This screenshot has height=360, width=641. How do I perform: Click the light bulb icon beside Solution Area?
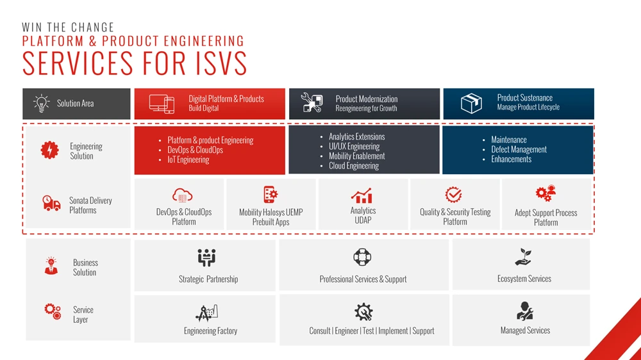41,103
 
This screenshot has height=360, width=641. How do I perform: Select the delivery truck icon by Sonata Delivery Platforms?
51,204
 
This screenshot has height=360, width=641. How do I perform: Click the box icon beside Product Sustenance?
472,103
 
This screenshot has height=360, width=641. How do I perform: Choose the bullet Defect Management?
519,149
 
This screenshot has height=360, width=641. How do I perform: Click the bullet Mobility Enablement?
356,156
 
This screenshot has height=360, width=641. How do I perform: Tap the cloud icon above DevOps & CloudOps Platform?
183,195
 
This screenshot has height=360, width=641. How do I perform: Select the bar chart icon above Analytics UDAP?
362,195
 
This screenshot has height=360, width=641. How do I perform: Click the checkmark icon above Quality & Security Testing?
454,195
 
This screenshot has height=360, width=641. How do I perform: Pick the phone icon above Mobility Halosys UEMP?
271,195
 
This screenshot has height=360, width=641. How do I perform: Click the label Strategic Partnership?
208,279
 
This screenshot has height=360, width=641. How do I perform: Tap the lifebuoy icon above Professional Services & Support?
362,258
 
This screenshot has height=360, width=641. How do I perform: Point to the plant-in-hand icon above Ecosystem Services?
524,257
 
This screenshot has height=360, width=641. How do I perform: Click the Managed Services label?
525,331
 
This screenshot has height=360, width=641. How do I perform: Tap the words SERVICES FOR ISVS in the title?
135,63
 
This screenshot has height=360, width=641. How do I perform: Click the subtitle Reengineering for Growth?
366,109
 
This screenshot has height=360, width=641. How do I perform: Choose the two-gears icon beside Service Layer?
53,312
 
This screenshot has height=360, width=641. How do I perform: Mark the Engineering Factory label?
210,331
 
